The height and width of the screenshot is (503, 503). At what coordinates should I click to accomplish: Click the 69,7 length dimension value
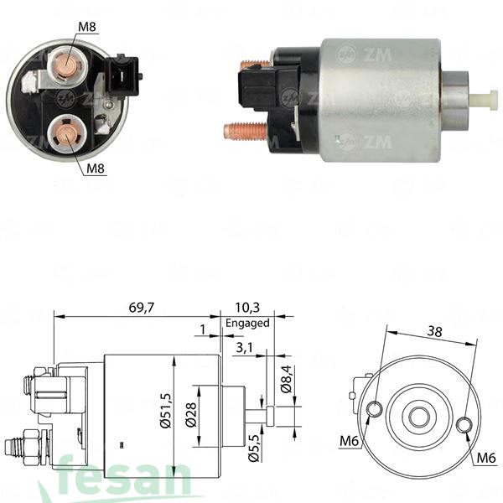[142, 308]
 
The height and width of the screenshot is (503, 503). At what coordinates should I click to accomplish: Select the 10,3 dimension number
[247, 308]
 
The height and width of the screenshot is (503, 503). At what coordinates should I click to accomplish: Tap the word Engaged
[247, 323]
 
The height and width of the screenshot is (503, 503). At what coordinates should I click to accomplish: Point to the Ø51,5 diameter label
[166, 411]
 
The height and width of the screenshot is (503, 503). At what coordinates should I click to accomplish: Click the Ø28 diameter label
[191, 415]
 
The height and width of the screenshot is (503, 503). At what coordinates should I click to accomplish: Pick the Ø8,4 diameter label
[286, 379]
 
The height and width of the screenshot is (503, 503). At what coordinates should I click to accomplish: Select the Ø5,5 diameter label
[254, 449]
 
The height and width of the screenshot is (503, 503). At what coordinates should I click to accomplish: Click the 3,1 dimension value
[245, 348]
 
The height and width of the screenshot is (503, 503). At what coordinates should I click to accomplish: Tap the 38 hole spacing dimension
[434, 331]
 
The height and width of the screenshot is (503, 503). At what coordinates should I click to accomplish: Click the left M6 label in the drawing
[349, 441]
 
